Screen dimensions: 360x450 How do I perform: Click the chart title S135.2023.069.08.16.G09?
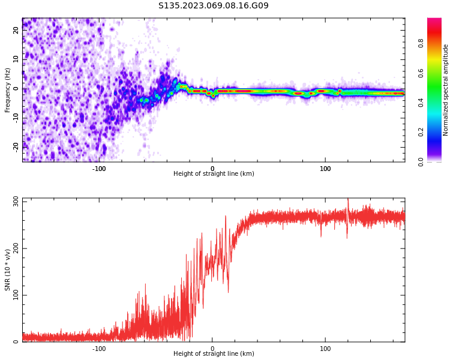[x=214, y=6]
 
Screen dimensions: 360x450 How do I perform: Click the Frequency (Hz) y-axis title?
[x=8, y=90]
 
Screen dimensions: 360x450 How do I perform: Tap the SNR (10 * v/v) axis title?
[x=8, y=270]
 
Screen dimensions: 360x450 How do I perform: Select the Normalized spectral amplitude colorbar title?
[x=446, y=90]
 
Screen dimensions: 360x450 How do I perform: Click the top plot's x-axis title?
[x=214, y=174]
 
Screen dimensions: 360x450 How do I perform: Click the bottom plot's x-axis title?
[x=214, y=354]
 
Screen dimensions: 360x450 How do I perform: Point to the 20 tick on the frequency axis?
[x=17, y=29]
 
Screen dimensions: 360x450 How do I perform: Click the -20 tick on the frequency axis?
[x=16, y=146]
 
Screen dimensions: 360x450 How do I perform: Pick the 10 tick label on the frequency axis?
[x=17, y=59]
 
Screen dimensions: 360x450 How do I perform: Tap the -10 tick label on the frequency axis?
[x=16, y=117]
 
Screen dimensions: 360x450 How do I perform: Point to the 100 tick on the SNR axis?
[x=14, y=295]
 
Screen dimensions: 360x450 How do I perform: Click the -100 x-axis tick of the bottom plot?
[x=99, y=348]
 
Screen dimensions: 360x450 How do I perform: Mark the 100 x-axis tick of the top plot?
[x=325, y=169]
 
